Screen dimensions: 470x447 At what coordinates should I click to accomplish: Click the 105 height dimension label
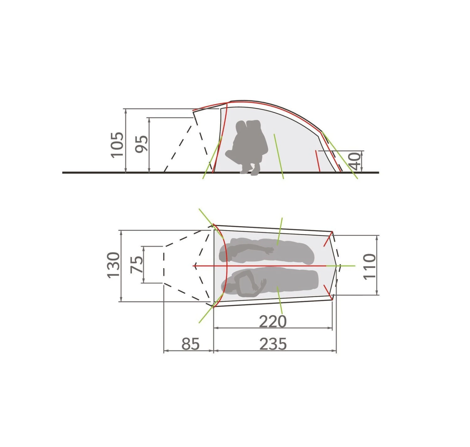coord(117,145)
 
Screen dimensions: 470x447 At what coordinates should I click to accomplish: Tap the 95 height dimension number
coord(142,144)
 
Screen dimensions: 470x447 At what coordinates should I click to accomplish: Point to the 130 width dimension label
coord(113,265)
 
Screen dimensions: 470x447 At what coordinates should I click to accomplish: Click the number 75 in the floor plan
coord(137,264)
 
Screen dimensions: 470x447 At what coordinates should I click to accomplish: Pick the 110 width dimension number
coord(369,267)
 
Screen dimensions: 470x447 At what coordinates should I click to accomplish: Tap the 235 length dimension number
coord(273,344)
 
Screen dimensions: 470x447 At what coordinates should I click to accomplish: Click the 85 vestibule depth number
coord(191,344)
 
